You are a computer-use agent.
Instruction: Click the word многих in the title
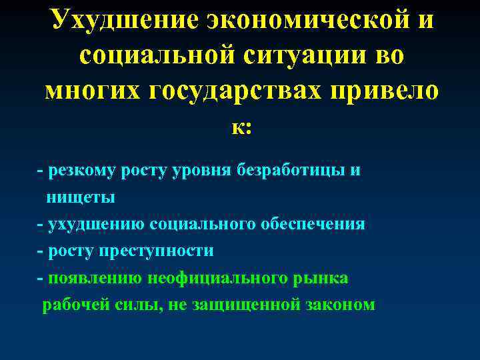[87, 92]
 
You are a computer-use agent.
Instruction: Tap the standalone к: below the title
[241, 127]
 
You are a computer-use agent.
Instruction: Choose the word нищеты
[80, 197]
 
